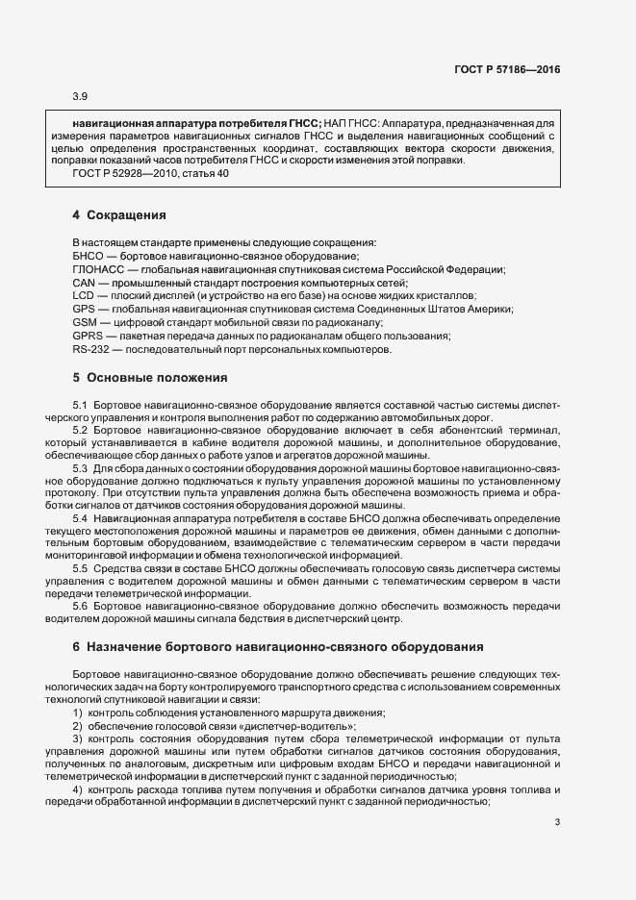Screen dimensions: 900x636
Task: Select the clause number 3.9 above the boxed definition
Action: point(80,96)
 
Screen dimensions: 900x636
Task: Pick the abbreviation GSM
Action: point(85,323)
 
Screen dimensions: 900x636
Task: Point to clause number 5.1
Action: point(81,407)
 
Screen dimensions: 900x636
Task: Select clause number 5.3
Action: point(81,468)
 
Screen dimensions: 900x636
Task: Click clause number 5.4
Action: point(81,518)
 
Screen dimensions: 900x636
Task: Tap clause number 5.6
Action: point(81,607)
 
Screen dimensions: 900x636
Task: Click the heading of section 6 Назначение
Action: point(270,648)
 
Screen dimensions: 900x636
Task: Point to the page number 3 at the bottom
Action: point(557,822)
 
